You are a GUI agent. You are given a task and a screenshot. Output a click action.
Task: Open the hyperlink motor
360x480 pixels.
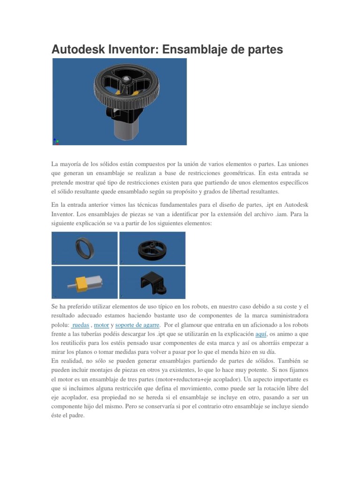point(101,325)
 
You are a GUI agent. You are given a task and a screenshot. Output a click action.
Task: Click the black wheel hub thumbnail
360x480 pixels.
point(152,248)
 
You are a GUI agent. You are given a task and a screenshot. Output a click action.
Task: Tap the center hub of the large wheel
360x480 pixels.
point(127,81)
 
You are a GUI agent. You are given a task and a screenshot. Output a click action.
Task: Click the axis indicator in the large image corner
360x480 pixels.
point(56,141)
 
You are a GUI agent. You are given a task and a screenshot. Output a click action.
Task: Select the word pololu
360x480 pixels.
point(60,325)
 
